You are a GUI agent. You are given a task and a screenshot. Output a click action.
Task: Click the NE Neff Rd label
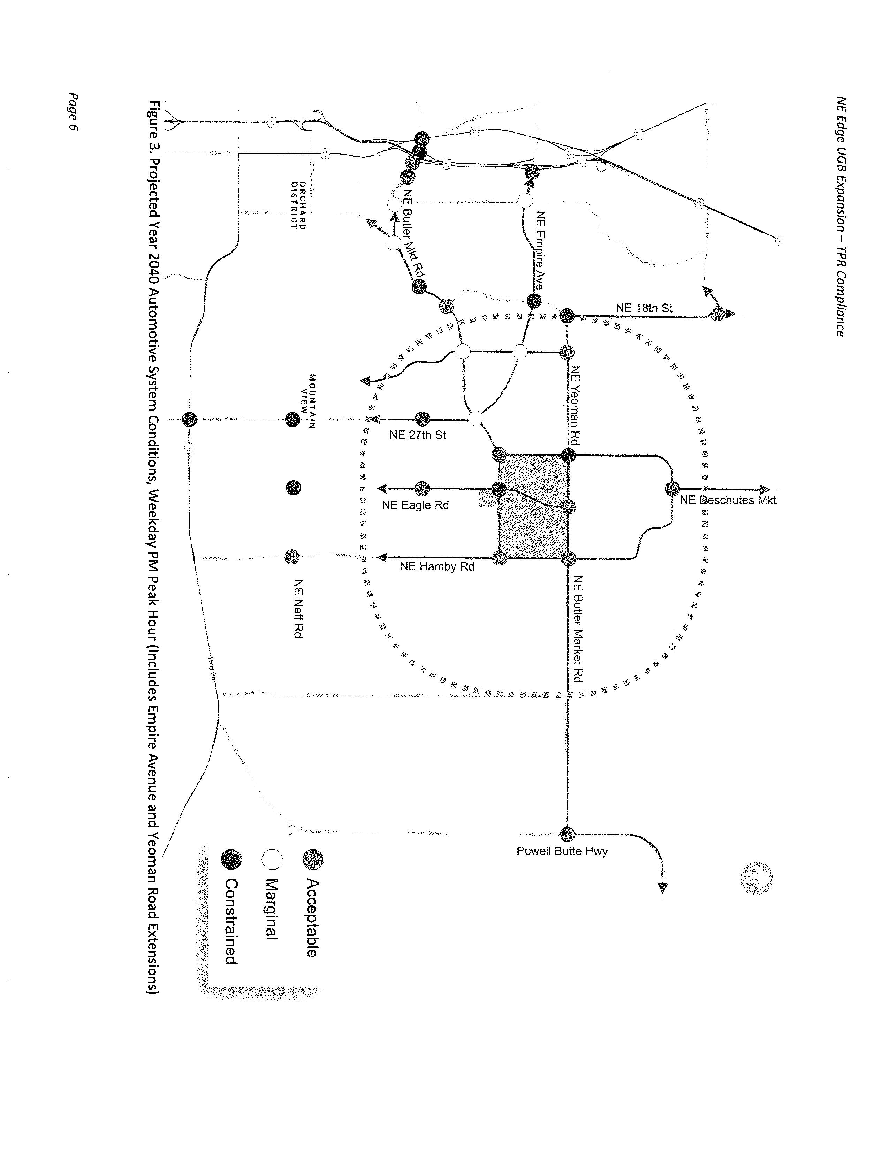tap(298, 609)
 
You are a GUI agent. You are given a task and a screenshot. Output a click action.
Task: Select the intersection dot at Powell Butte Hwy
tap(567, 834)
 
